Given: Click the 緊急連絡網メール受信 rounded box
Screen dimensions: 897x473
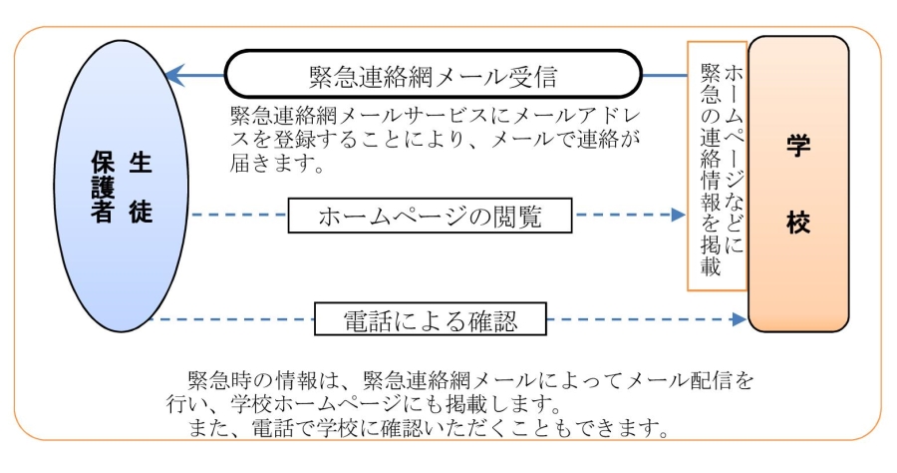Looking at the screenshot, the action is point(434,75).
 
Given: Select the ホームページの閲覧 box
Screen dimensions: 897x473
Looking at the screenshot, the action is point(430,216).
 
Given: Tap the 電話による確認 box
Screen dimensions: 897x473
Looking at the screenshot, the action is point(431,319).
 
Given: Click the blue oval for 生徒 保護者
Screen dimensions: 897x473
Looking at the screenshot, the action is point(122,187).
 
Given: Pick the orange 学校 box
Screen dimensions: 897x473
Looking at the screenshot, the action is point(798,184).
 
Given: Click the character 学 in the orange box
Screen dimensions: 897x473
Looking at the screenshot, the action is point(798,146).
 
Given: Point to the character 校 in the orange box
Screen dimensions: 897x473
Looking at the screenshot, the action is point(798,222).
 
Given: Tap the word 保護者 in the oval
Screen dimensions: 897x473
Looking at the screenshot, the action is point(103,188).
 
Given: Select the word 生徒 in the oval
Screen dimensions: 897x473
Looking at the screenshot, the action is point(141,188).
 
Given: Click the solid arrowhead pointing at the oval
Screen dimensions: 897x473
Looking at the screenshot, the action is point(175,75).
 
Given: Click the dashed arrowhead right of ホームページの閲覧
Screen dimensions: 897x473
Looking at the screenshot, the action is point(679,215).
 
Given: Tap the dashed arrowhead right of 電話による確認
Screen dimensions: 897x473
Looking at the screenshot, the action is point(740,319).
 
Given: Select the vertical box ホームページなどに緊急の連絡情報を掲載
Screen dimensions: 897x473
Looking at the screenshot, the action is point(718,166).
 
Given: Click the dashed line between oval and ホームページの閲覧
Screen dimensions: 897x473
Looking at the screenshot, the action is point(238,215).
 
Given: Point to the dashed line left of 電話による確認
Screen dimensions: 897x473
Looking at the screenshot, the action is point(232,319).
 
